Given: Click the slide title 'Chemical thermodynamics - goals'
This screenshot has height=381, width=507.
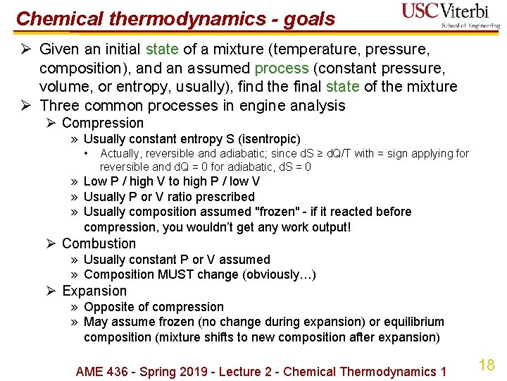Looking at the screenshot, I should coord(175,19).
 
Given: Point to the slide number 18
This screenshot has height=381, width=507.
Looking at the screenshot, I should coord(486,365).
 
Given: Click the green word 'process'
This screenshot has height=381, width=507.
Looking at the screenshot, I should coord(282,68).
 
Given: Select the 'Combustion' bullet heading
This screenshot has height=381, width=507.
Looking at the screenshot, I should coord(99,243).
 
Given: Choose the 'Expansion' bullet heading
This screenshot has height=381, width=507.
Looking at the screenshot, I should coord(94,291).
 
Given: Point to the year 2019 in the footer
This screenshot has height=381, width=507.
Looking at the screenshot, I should coord(190,372).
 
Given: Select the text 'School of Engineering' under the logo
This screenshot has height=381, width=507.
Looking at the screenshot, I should coord(470,25).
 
